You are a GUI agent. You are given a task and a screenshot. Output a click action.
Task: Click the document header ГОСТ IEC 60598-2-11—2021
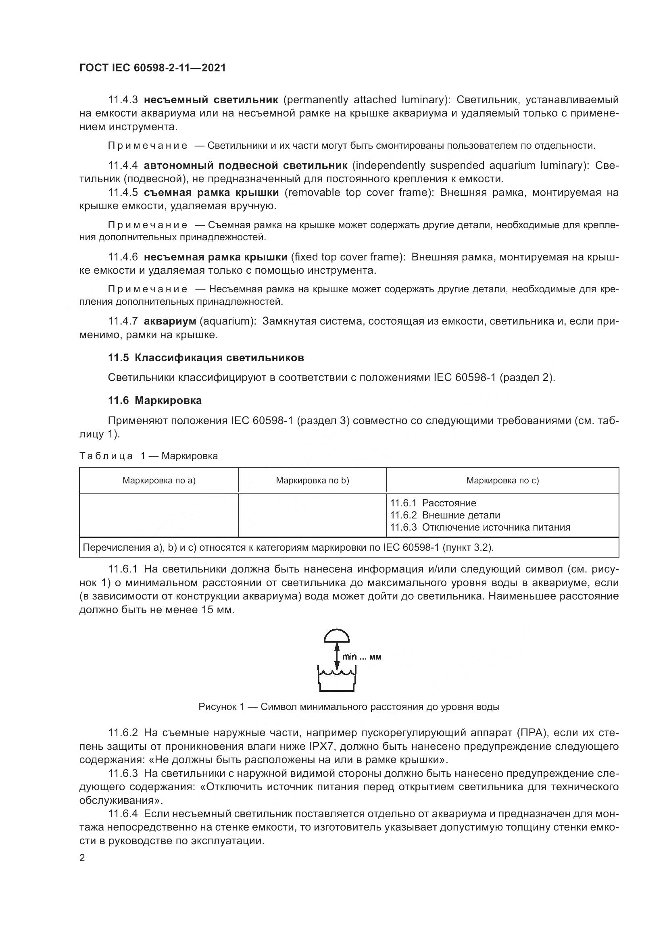point(152,68)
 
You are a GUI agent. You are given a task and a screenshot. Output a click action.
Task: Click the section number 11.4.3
point(123,100)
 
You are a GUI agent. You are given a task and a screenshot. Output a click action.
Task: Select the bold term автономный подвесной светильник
point(245,166)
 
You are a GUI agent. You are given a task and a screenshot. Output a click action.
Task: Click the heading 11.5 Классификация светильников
point(206,358)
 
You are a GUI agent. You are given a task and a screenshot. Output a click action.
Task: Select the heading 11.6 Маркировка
point(155,400)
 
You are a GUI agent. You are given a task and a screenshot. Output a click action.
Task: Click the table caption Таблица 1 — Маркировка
point(148,456)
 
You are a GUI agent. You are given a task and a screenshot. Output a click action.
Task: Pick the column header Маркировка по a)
point(159,480)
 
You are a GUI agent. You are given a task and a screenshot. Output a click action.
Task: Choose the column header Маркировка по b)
point(312,480)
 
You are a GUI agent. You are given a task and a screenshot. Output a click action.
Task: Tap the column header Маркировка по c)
point(502,480)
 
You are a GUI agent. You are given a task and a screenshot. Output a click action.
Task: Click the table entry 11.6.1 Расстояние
point(433,503)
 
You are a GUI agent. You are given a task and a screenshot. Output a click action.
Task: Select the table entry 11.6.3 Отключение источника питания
point(480,527)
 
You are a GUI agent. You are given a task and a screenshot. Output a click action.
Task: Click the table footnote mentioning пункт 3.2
point(288,547)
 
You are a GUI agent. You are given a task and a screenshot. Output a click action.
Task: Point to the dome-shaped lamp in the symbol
point(336,636)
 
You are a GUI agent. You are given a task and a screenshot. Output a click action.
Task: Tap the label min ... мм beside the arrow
point(361,657)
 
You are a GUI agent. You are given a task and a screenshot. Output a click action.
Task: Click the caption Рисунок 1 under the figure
point(349,707)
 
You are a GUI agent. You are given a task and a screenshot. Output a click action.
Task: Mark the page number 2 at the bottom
point(82,858)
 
